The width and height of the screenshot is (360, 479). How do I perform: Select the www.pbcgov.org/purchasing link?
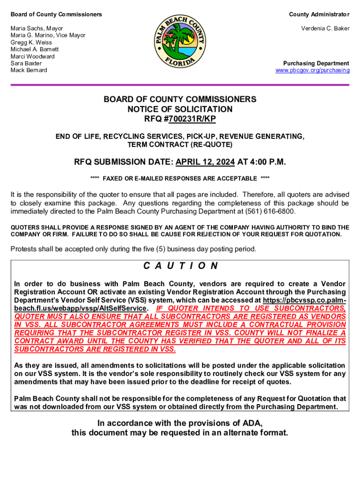tap(312, 70)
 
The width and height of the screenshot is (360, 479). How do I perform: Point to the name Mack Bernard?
tap(29, 70)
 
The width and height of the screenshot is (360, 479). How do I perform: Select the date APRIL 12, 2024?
tap(205, 162)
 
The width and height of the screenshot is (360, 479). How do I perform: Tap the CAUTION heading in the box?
tap(180, 266)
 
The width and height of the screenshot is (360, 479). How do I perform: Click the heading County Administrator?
tap(319, 15)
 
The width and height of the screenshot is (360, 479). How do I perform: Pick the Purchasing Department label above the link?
tap(316, 63)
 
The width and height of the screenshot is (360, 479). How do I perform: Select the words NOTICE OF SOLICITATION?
tap(180, 109)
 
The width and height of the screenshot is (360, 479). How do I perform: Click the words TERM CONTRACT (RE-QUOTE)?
tap(180, 145)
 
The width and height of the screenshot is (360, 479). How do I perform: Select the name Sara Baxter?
tap(26, 63)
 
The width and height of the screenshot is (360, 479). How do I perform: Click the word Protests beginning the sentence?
tap(24, 249)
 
